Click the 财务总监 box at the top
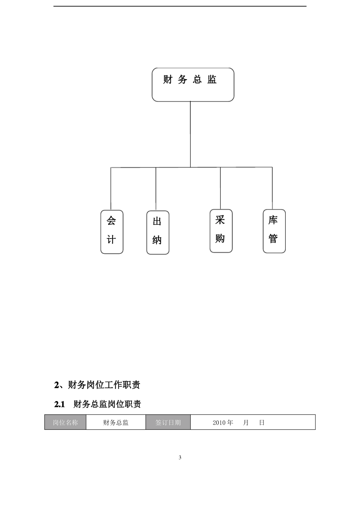click(193, 85)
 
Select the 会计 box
click(112, 232)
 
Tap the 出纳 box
click(158, 232)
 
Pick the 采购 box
click(221, 231)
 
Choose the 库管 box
click(274, 231)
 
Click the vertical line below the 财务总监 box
click(190, 134)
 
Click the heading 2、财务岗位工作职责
click(97, 385)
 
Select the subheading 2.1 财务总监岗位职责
click(98, 404)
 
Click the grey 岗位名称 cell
click(65, 422)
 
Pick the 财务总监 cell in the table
click(116, 422)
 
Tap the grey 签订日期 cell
click(168, 422)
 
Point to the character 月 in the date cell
click(246, 423)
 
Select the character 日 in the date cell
click(262, 423)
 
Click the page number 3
click(180, 457)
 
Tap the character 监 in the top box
click(212, 80)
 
